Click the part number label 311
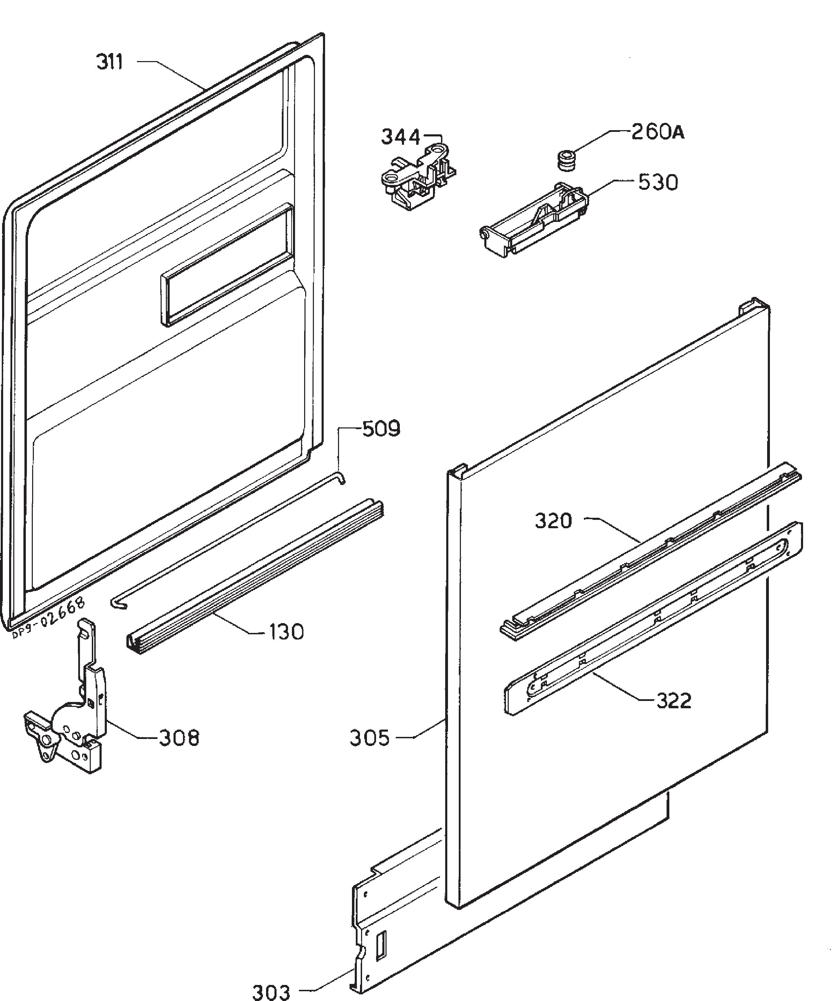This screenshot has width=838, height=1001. pos(110,62)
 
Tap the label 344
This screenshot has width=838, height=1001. pos(400,137)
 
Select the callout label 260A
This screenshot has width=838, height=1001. pos(658,132)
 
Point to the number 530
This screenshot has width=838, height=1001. pos(658,182)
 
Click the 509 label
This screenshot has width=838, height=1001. pos(381,429)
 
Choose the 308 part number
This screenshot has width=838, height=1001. pos(179,738)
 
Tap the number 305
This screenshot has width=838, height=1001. pos(370,738)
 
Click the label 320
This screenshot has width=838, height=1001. pos(553,521)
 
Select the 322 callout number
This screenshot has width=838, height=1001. pos(674,701)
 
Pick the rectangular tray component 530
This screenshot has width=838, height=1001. pos(534,219)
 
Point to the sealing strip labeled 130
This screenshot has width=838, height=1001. pos(255,577)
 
